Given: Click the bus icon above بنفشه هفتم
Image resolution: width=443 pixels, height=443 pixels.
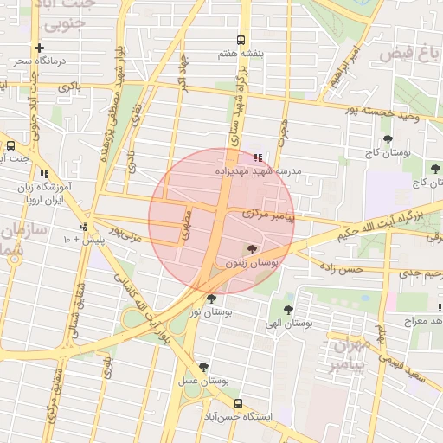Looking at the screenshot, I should [241, 40].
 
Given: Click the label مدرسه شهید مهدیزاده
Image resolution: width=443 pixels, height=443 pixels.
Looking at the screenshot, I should [258, 171].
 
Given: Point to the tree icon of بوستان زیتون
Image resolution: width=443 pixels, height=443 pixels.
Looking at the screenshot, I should [252, 249].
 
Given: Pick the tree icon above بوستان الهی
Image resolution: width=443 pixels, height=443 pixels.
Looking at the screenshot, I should [288, 309].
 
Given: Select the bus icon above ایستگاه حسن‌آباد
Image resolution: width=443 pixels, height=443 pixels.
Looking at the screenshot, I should [238, 403].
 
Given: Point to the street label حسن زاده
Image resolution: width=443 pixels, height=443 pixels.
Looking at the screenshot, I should [344, 270].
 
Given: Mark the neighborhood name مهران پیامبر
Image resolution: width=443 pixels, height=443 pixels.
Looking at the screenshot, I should [350, 354].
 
